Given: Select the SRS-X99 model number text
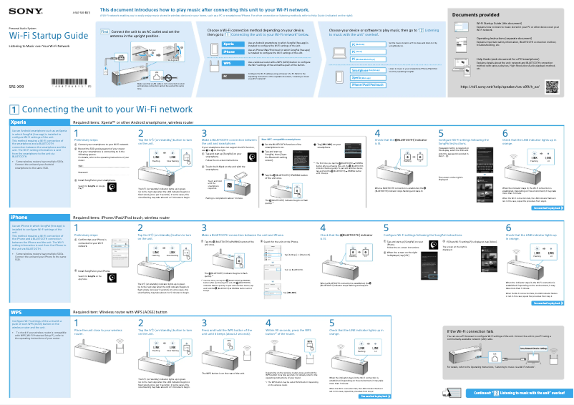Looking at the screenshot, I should click(16, 85).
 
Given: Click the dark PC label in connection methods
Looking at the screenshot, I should click(225, 75).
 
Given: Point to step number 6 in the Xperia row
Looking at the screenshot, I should click(505, 134).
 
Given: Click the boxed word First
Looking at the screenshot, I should click(104, 32).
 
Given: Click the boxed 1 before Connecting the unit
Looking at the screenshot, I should click(14, 109).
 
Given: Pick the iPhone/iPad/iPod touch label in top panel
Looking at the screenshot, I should click(368, 84).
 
